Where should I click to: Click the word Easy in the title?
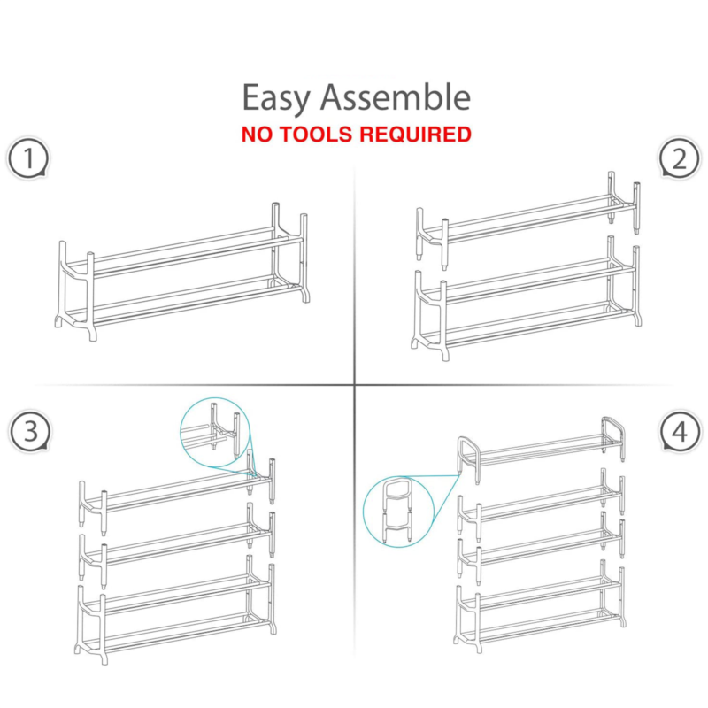coord(276,97)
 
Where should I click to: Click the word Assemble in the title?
coord(396,96)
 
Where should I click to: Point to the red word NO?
coord(257,135)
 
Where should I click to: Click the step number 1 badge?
coord(28,158)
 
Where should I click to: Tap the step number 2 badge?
coord(680,158)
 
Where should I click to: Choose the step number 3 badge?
coord(30,431)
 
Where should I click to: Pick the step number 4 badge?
coord(680,431)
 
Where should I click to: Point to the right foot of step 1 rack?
coord(306,295)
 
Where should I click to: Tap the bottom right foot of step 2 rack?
coord(636,318)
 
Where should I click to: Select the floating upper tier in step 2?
coord(528,220)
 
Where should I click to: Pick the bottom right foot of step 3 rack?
coord(273,627)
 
